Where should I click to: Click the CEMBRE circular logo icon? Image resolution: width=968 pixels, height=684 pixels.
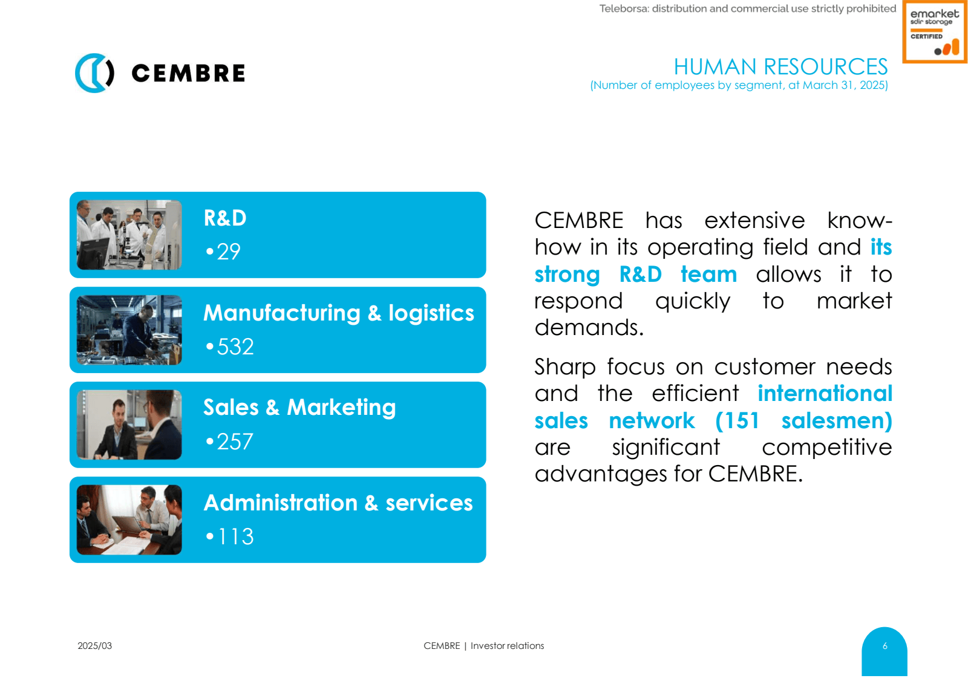click(x=94, y=73)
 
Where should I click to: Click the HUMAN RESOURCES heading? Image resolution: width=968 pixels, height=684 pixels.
click(x=780, y=67)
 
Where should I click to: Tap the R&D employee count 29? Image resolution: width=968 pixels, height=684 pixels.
click(x=228, y=252)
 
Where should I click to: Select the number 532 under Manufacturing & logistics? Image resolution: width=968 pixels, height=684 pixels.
click(x=235, y=347)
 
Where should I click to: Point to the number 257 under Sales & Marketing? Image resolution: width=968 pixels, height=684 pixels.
click(x=235, y=441)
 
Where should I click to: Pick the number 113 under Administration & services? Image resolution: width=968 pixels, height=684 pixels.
click(x=235, y=536)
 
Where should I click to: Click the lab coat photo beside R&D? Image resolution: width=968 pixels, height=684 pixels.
click(x=129, y=235)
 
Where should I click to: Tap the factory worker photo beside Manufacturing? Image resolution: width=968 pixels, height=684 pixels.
click(x=129, y=330)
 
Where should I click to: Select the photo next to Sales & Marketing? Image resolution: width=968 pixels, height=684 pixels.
click(x=129, y=425)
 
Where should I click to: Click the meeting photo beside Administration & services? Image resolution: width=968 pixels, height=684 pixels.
click(x=129, y=520)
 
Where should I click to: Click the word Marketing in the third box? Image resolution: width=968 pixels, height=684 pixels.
click(x=341, y=408)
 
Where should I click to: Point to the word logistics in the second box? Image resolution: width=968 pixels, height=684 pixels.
click(x=431, y=313)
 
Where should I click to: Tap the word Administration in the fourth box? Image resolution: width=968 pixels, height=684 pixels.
click(x=281, y=503)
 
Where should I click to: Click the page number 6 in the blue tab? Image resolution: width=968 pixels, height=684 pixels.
click(x=885, y=646)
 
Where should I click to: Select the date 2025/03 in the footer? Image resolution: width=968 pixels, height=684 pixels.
click(x=94, y=645)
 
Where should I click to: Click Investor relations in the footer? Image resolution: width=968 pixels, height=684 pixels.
click(x=507, y=645)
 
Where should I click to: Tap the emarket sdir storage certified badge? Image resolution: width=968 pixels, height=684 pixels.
click(x=934, y=32)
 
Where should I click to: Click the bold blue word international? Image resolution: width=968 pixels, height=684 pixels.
click(x=825, y=393)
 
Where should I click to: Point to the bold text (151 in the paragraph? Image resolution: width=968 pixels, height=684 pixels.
click(x=737, y=420)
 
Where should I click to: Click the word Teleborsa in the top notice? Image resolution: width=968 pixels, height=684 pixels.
click(x=624, y=8)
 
